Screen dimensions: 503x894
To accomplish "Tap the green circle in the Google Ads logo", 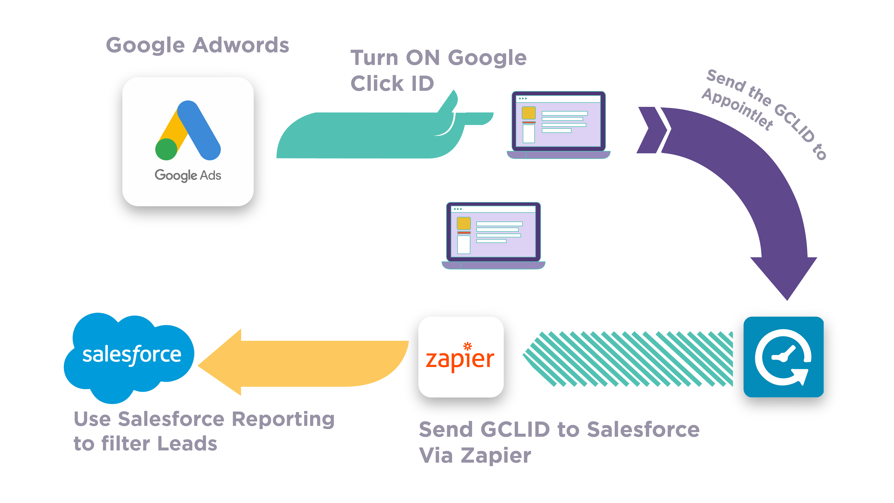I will [x=166, y=149].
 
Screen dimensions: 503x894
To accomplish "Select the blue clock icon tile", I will [x=783, y=357].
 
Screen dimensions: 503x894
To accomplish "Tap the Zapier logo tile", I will [x=461, y=357].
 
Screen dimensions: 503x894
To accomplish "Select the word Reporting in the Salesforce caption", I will [x=283, y=419].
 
